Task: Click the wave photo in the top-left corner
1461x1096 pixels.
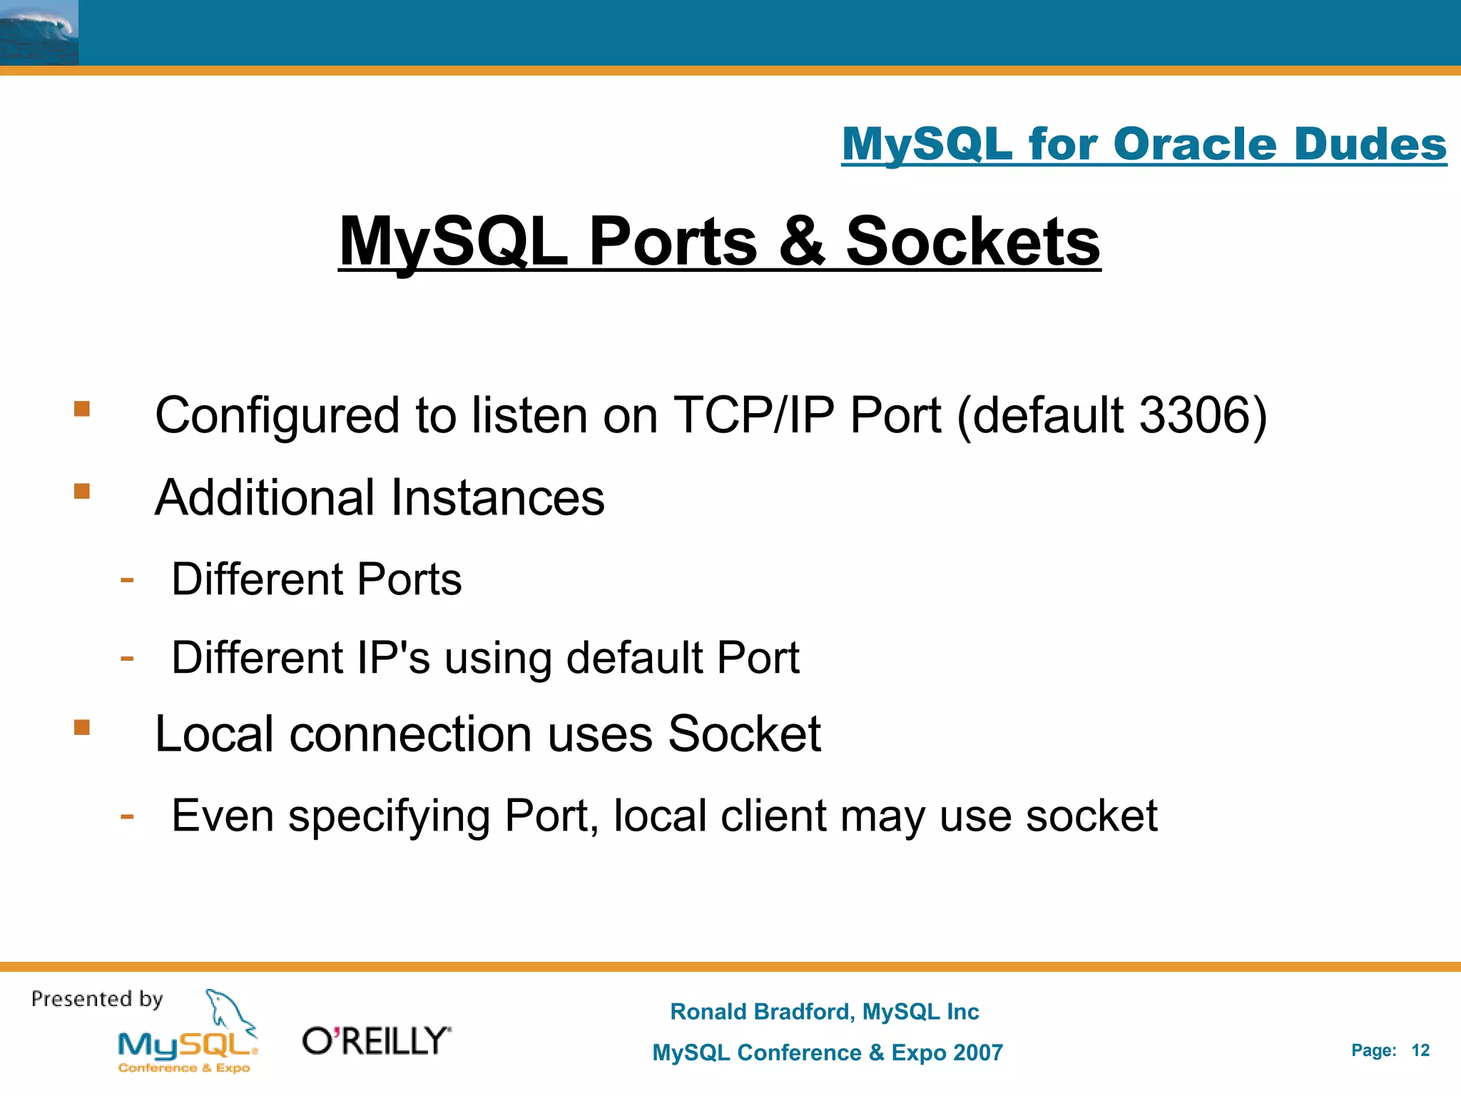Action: [39, 33]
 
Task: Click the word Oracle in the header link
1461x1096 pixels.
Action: [1195, 145]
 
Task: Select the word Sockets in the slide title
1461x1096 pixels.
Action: [973, 242]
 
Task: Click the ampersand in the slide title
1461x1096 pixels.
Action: [801, 242]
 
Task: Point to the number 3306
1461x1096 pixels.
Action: [1195, 415]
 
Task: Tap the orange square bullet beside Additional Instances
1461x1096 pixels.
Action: [82, 491]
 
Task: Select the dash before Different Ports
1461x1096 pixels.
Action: [127, 579]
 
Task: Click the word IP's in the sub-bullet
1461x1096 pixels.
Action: [393, 657]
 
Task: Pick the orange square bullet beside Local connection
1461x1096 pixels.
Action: [82, 727]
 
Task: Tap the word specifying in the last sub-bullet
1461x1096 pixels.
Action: [389, 816]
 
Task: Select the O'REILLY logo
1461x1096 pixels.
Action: [377, 1041]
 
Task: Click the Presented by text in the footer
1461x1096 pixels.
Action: [97, 999]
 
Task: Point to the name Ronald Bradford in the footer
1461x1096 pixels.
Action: [760, 1012]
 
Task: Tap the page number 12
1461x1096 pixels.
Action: [1420, 1050]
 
